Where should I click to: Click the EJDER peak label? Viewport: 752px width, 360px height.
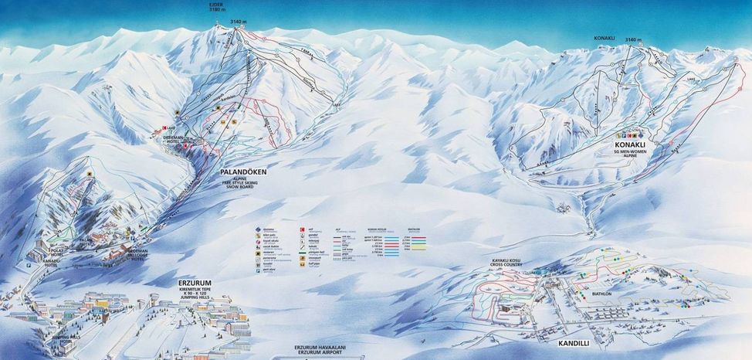pos(216,5)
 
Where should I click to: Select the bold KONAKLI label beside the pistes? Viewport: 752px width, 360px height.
pos(631,144)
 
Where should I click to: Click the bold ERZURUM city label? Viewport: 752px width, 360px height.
pos(193,283)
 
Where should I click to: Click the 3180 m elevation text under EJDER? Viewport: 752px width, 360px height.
pos(216,12)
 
